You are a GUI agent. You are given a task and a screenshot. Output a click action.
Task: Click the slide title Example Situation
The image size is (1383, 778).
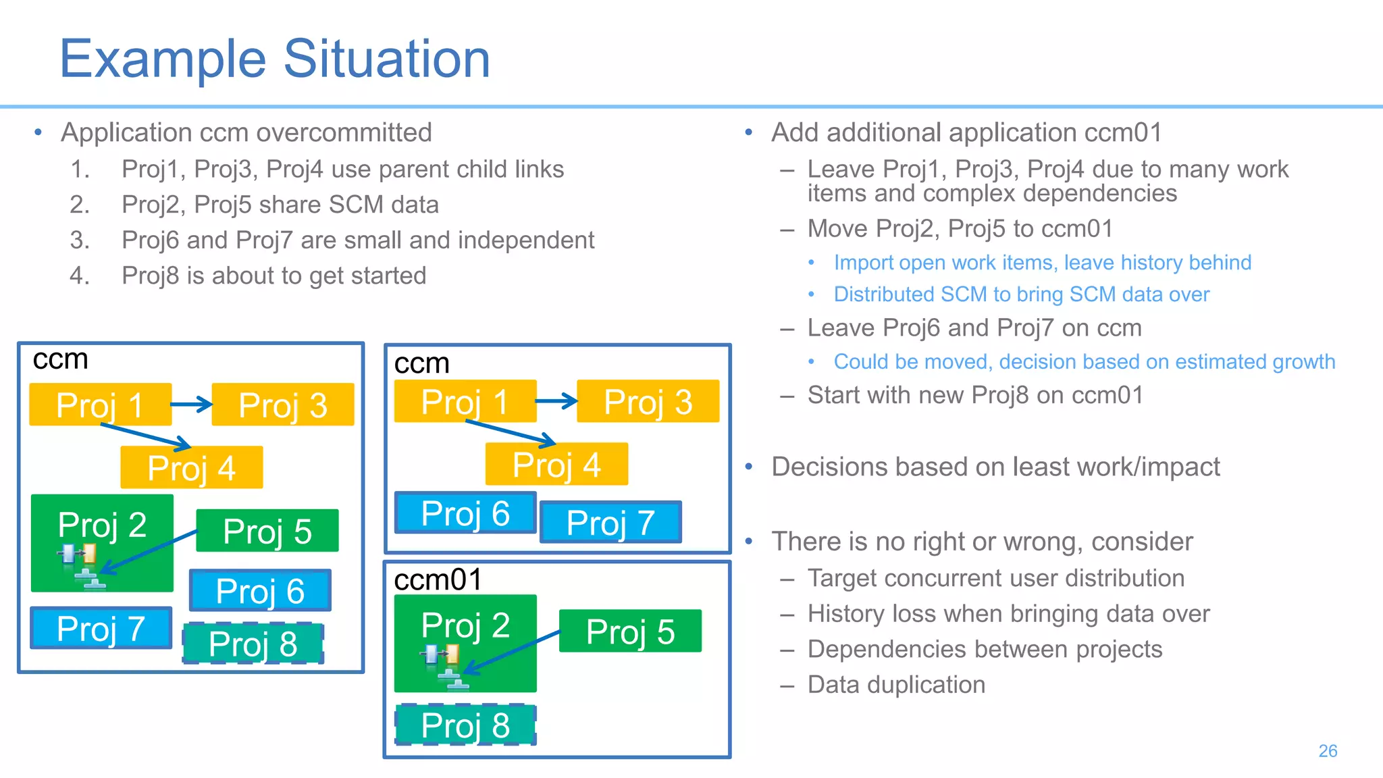tap(275, 59)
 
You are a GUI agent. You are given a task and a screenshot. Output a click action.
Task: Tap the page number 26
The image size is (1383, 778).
tap(1327, 751)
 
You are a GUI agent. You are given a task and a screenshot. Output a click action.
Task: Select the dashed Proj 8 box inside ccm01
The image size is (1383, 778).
tap(465, 725)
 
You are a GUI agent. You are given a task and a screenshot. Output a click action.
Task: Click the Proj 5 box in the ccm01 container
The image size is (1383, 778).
tap(630, 631)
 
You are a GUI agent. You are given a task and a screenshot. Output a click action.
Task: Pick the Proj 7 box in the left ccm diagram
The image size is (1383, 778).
tap(101, 628)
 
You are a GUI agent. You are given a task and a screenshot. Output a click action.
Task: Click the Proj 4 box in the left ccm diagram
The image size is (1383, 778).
tap(191, 467)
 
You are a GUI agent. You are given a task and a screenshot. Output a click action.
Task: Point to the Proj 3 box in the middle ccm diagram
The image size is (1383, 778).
tap(648, 402)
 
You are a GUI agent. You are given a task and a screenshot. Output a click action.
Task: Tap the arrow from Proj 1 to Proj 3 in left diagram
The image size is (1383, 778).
tap(191, 405)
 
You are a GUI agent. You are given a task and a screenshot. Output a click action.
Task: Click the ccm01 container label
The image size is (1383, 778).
tap(438, 579)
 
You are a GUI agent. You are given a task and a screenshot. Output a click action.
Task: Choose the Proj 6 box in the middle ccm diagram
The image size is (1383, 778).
tap(465, 513)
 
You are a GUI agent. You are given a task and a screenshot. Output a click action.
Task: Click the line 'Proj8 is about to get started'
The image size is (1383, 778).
tap(273, 276)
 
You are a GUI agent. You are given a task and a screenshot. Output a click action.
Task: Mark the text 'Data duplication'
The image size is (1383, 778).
tap(896, 685)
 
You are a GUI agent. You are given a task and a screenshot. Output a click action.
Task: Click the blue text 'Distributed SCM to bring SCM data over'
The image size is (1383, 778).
tap(1021, 294)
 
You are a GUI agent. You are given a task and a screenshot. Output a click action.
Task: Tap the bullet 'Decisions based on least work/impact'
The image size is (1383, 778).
tap(995, 467)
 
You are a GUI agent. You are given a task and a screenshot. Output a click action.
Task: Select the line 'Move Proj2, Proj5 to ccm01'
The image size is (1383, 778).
tap(960, 229)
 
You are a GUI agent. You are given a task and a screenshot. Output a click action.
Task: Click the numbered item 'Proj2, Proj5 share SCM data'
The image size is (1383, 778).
tap(280, 205)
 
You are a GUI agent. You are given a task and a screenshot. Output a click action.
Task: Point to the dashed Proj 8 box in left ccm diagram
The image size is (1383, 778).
tap(253, 643)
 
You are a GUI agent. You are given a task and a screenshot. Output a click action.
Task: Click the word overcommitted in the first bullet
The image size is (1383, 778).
tap(344, 132)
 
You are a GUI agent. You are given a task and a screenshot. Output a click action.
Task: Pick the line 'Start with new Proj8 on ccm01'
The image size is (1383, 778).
tap(975, 395)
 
